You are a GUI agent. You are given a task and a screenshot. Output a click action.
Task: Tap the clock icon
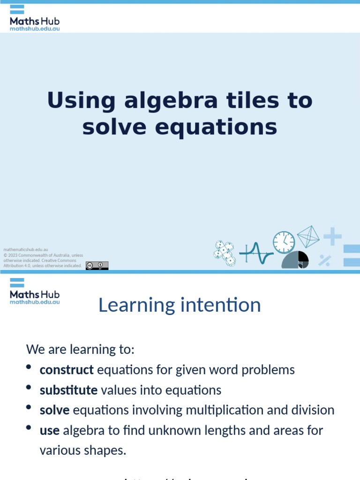284,242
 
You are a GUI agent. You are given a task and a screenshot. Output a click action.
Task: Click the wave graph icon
256,254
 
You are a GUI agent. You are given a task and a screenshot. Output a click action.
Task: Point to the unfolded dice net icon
224,253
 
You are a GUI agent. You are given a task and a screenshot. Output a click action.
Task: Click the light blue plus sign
332,236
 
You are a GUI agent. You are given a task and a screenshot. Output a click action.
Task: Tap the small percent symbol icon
324,260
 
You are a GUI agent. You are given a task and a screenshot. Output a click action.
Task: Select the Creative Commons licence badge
97,266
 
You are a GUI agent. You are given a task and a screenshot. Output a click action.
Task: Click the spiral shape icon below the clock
295,260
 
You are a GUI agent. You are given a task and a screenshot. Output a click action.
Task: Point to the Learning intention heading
180,305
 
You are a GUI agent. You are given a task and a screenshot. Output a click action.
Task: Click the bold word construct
67,370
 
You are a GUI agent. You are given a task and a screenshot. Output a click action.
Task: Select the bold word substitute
68,390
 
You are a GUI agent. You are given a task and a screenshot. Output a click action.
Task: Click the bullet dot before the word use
29,427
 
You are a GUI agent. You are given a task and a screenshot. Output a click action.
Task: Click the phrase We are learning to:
80,349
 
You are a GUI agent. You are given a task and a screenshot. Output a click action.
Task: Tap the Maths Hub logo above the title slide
34,18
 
